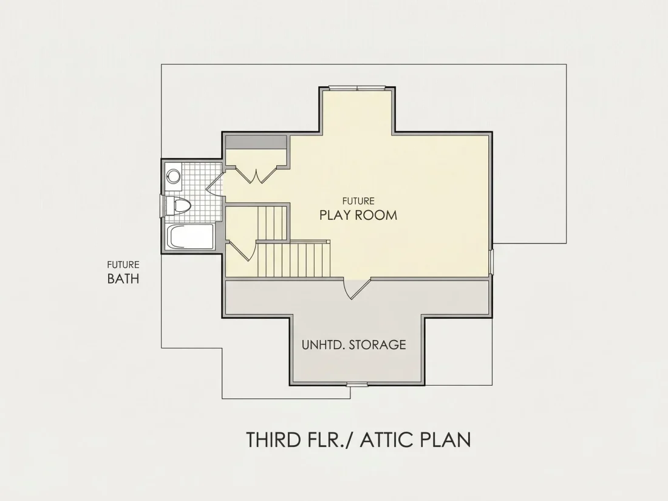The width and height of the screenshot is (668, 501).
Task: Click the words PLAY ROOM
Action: pyautogui.click(x=358, y=215)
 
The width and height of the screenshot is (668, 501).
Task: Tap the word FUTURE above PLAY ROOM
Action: pyautogui.click(x=358, y=200)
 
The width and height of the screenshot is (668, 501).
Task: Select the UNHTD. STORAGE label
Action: pyautogui.click(x=353, y=344)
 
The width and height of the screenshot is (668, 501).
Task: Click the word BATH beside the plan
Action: pyautogui.click(x=123, y=279)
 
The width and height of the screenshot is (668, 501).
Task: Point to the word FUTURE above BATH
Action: pyautogui.click(x=123, y=265)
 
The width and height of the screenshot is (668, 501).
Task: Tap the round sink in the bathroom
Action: pyautogui.click(x=173, y=176)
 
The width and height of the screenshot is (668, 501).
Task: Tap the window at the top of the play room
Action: pyautogui.click(x=357, y=88)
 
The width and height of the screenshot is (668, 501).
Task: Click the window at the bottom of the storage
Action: pyautogui.click(x=357, y=384)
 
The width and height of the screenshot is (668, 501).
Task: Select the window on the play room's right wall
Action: pyautogui.click(x=491, y=261)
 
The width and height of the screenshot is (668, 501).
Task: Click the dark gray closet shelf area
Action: pyautogui.click(x=256, y=142)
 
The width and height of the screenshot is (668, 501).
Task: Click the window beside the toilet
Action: pyautogui.click(x=161, y=206)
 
